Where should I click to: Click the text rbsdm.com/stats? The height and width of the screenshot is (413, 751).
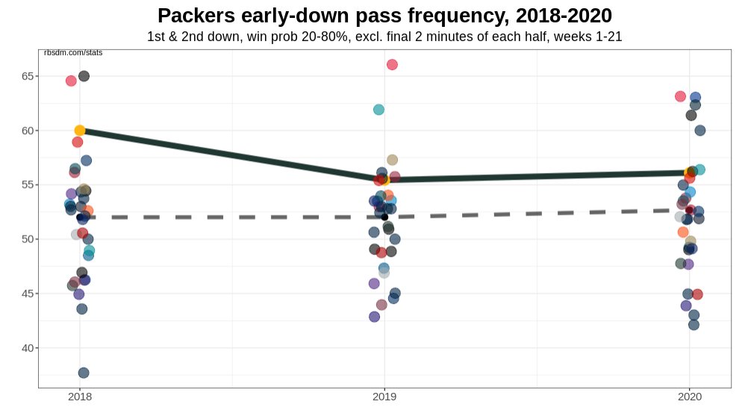click(73, 52)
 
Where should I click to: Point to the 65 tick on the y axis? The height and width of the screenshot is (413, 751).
click(29, 76)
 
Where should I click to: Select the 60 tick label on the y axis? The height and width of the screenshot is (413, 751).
click(29, 130)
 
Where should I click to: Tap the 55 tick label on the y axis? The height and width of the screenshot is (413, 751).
click(29, 185)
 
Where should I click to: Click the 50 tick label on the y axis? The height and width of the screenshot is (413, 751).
click(29, 239)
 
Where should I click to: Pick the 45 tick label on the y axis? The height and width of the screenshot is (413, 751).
click(29, 294)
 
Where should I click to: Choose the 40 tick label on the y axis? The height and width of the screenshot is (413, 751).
click(29, 348)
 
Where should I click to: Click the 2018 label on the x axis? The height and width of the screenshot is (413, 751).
click(80, 398)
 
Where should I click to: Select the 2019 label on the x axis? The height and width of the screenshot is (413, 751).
click(384, 398)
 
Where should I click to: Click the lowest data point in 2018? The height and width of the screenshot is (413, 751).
click(84, 373)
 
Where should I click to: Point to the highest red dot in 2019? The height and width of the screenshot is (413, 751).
click(392, 65)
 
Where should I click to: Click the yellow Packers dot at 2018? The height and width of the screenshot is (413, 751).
click(80, 130)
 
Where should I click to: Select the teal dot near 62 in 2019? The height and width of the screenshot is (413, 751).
click(378, 110)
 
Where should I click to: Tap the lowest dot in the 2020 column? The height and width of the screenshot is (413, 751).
click(694, 324)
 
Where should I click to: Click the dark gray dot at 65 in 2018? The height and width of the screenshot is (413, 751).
click(84, 76)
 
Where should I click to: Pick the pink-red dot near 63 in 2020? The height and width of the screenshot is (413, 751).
click(680, 96)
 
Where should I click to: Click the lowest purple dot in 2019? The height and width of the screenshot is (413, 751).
click(375, 317)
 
